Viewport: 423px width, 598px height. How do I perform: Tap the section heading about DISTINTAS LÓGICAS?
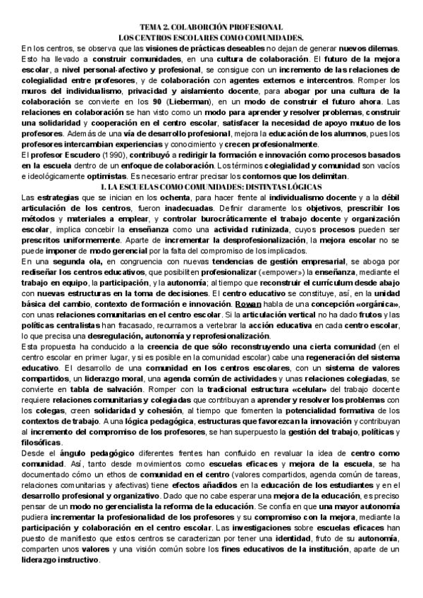pyautogui.click(x=211, y=186)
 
